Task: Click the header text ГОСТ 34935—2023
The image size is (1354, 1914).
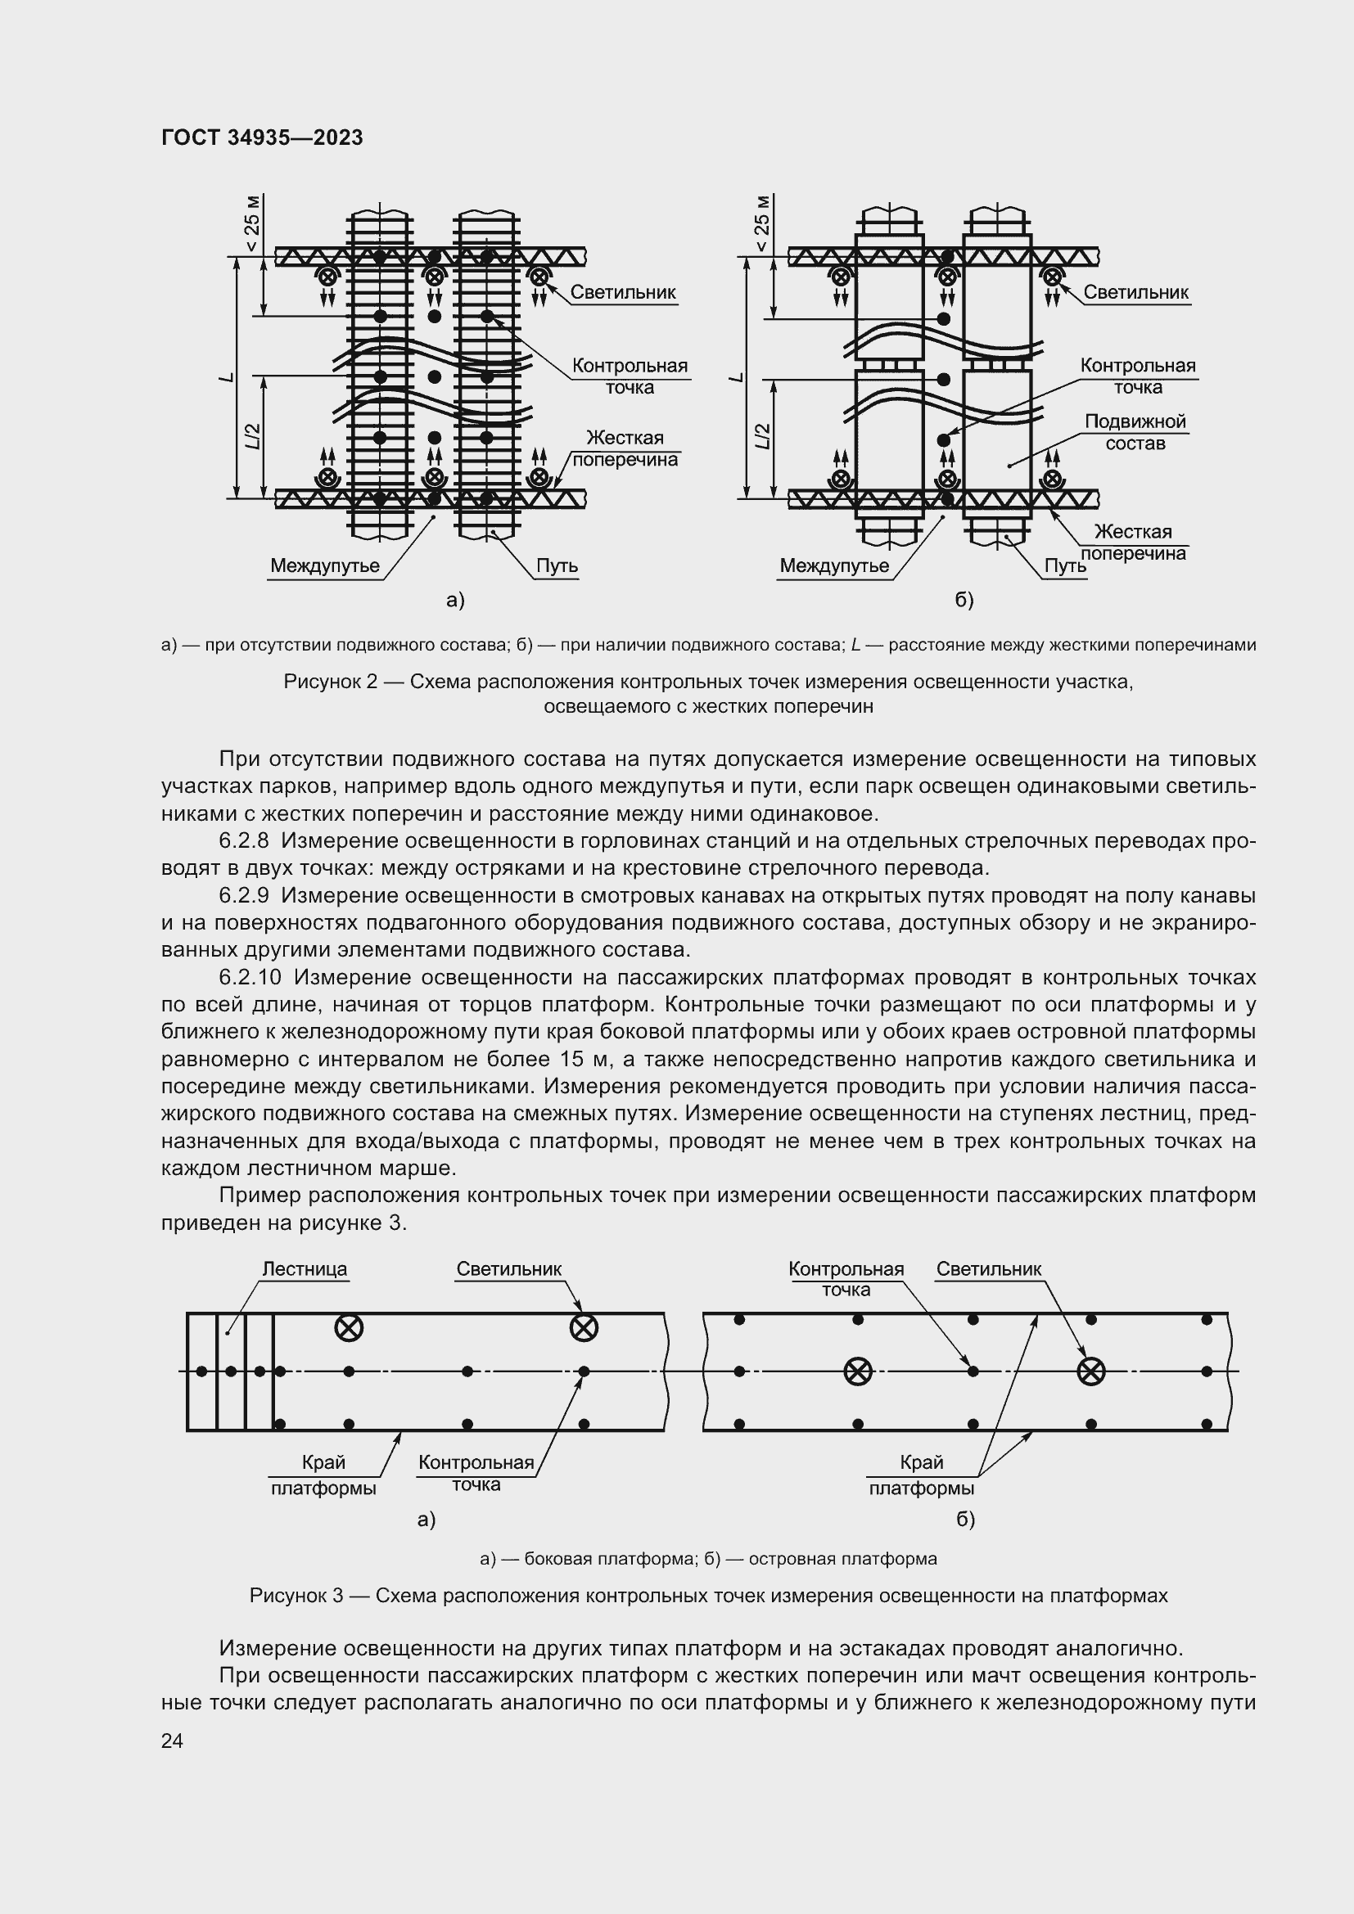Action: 262,137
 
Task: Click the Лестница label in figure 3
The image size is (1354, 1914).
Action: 305,1269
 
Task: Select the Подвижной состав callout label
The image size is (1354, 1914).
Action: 1135,432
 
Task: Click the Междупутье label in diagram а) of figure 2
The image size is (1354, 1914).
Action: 324,565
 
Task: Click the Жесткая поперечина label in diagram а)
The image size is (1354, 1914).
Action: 625,448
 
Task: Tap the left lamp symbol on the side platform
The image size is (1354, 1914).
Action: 349,1328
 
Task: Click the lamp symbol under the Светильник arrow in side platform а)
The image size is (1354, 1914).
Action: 584,1328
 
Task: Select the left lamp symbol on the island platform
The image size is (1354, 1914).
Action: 858,1371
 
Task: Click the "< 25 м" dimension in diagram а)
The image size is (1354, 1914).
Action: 252,223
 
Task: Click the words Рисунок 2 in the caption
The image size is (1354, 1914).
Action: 330,682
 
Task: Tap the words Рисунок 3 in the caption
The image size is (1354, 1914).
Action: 296,1596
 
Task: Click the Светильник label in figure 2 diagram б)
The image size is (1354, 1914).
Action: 1135,292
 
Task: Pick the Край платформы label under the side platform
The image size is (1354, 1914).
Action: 323,1475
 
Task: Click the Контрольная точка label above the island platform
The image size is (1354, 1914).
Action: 846,1279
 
